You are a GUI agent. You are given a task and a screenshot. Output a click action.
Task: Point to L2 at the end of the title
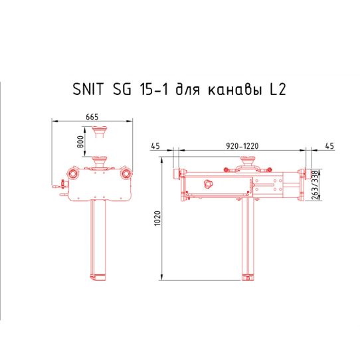click(278, 89)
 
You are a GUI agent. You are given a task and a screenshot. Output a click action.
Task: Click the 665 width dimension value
click(93, 117)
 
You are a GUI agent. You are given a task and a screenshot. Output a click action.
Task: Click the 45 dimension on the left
click(156, 144)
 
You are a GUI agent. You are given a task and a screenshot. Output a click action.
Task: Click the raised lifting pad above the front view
click(101, 130)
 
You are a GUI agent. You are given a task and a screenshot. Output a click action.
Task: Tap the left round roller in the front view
click(72, 174)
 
